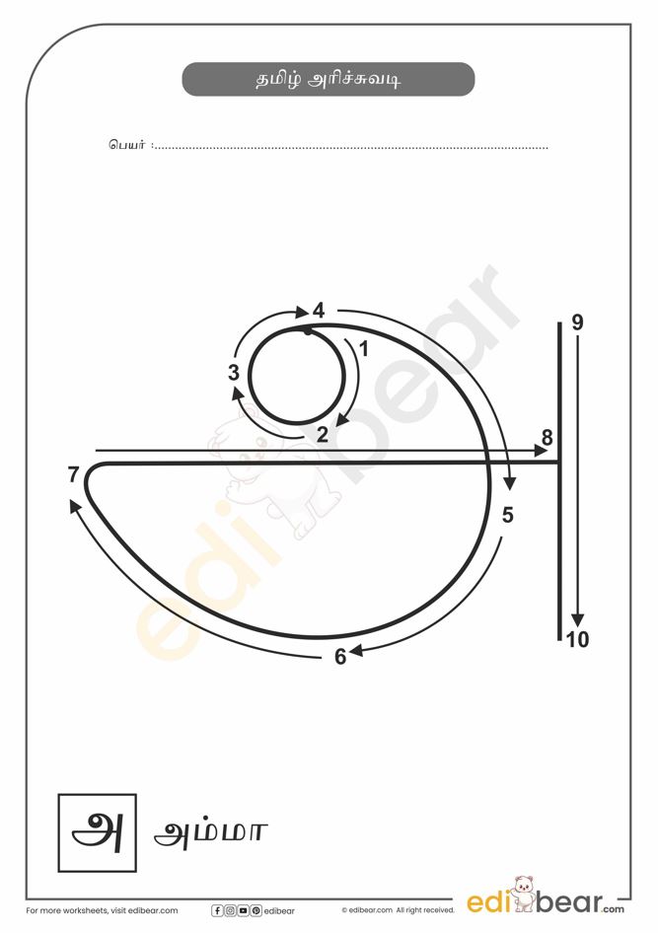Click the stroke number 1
coord(364,349)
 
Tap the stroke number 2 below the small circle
coord(323,434)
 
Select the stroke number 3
coord(233,373)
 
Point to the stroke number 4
coord(319,311)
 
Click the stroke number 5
coord(507,515)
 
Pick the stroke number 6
coord(340,656)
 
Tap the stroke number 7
coord(73,474)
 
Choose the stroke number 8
coord(548,438)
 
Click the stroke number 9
coord(577,323)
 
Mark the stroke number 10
coord(577,640)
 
